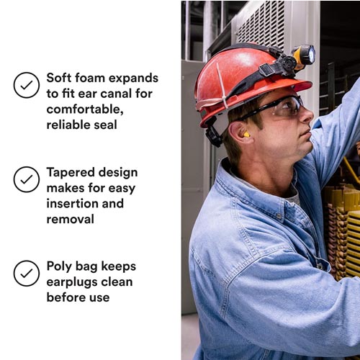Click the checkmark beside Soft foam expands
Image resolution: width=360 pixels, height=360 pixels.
pos(27,85)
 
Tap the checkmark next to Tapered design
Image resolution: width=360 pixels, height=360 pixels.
pos(27,179)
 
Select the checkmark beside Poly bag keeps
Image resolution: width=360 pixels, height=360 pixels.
pos(27,274)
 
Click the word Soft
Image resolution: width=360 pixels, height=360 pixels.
pos(58,78)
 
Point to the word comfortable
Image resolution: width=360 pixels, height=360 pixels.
pos(85,109)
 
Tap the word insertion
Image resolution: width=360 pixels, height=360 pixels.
pos(72,204)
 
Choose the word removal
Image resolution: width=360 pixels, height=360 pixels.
pos(70,219)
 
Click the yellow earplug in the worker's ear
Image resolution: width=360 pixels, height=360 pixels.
pos(246,135)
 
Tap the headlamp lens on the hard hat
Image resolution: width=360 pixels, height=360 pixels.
pos(311,54)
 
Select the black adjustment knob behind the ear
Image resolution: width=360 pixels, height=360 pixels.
pos(214,137)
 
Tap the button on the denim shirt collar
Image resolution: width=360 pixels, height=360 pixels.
pos(279,216)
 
